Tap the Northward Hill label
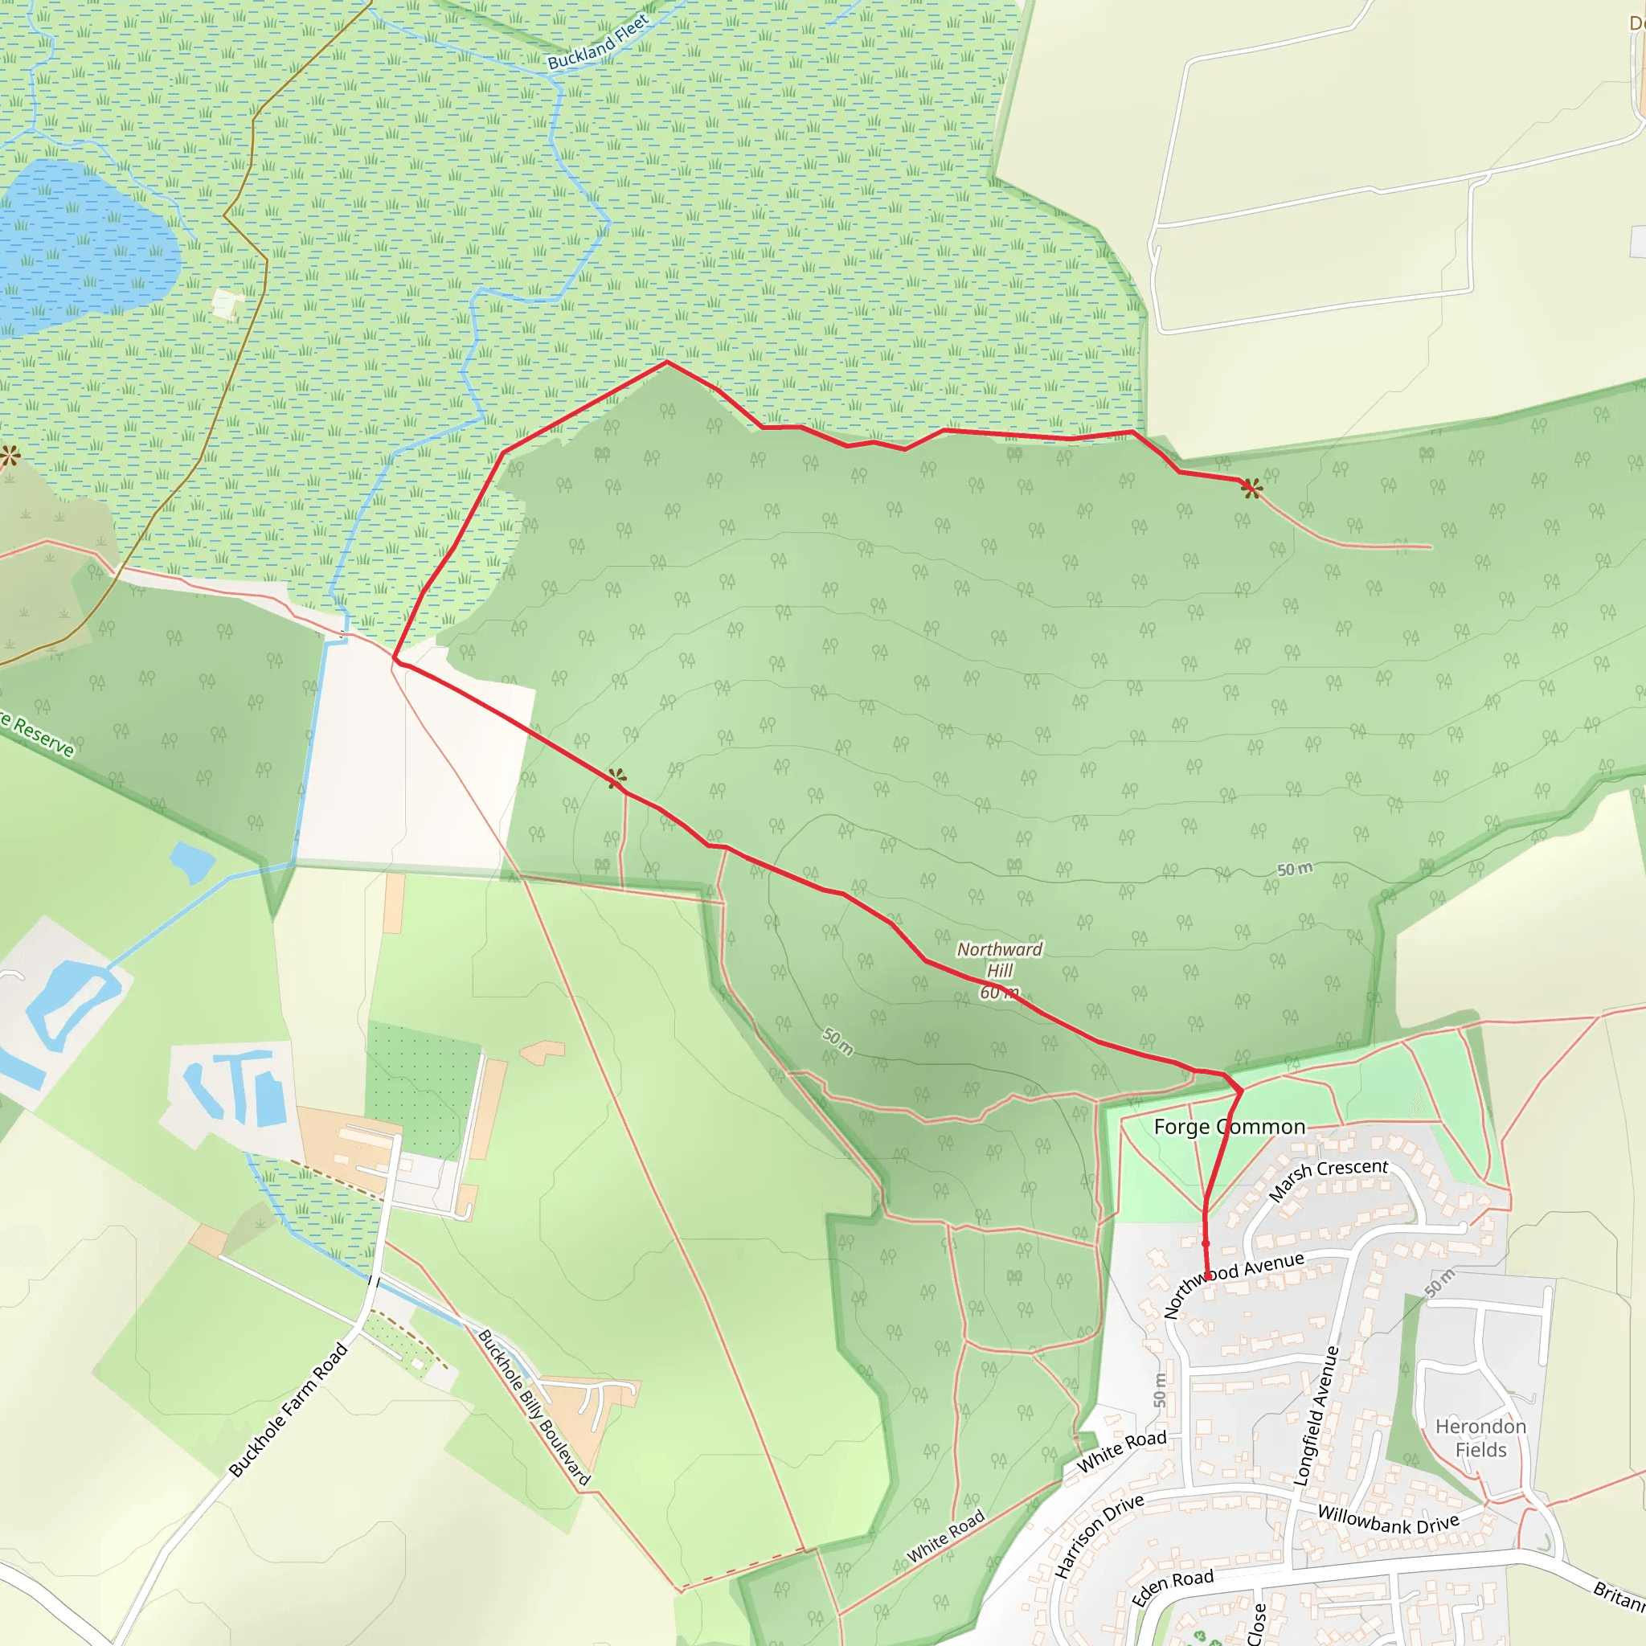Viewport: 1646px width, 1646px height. tap(999, 960)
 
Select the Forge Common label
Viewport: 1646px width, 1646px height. tap(1230, 1127)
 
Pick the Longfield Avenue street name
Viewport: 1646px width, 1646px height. tap(1316, 1416)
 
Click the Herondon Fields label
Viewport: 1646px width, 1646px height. tap(1480, 1438)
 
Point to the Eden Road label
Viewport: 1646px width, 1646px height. tap(1173, 1587)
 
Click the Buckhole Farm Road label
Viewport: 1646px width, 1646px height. tap(289, 1409)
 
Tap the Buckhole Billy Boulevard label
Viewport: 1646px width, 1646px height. tap(534, 1407)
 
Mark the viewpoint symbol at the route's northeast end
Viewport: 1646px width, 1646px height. tap(1251, 487)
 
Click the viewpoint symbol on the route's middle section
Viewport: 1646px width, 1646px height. tap(616, 777)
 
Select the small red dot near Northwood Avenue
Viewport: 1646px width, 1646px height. tap(1206, 1244)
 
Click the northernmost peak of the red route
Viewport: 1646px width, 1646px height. tap(667, 362)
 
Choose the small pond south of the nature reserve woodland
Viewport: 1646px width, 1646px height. tap(193, 862)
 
